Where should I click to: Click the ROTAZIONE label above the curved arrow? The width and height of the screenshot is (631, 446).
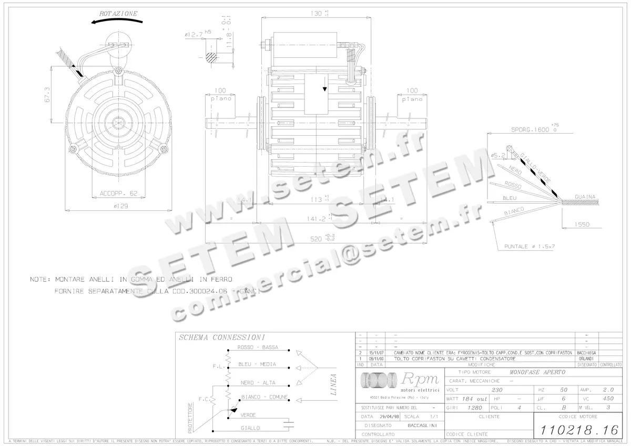point(118,13)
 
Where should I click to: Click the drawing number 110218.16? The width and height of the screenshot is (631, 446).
point(576,429)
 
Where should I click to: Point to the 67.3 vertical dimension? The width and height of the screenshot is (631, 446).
point(47,96)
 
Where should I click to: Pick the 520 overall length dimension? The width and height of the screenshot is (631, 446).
point(317,239)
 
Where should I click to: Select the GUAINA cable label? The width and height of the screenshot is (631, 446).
point(585,197)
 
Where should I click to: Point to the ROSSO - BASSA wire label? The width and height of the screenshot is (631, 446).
point(258,348)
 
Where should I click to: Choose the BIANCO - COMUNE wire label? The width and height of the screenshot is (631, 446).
point(264,397)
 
